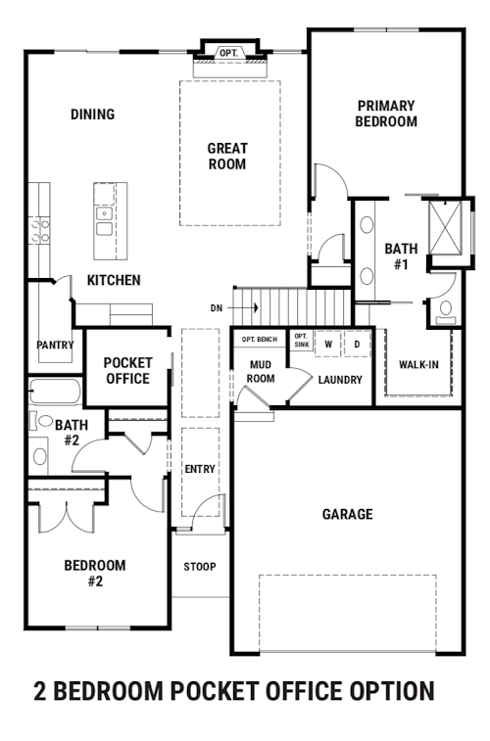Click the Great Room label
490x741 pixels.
click(227, 157)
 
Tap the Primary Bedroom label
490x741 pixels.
click(386, 114)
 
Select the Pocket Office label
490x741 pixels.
click(127, 370)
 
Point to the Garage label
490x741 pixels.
click(348, 514)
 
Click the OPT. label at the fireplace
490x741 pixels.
click(229, 54)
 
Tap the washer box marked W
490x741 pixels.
click(328, 344)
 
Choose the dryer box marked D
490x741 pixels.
click(357, 344)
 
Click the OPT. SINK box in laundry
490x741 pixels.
click(301, 341)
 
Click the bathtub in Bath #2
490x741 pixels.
click(55, 392)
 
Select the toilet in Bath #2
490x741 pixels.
click(41, 420)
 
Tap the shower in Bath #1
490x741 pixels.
click(445, 228)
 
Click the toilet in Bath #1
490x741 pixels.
click(446, 313)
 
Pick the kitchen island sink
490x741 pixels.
click(104, 221)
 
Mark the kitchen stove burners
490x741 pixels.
click(39, 230)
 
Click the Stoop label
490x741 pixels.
click(200, 566)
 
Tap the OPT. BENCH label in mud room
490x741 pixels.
click(260, 340)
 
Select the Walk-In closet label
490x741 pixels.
click(418, 364)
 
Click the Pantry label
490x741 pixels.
click(55, 345)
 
